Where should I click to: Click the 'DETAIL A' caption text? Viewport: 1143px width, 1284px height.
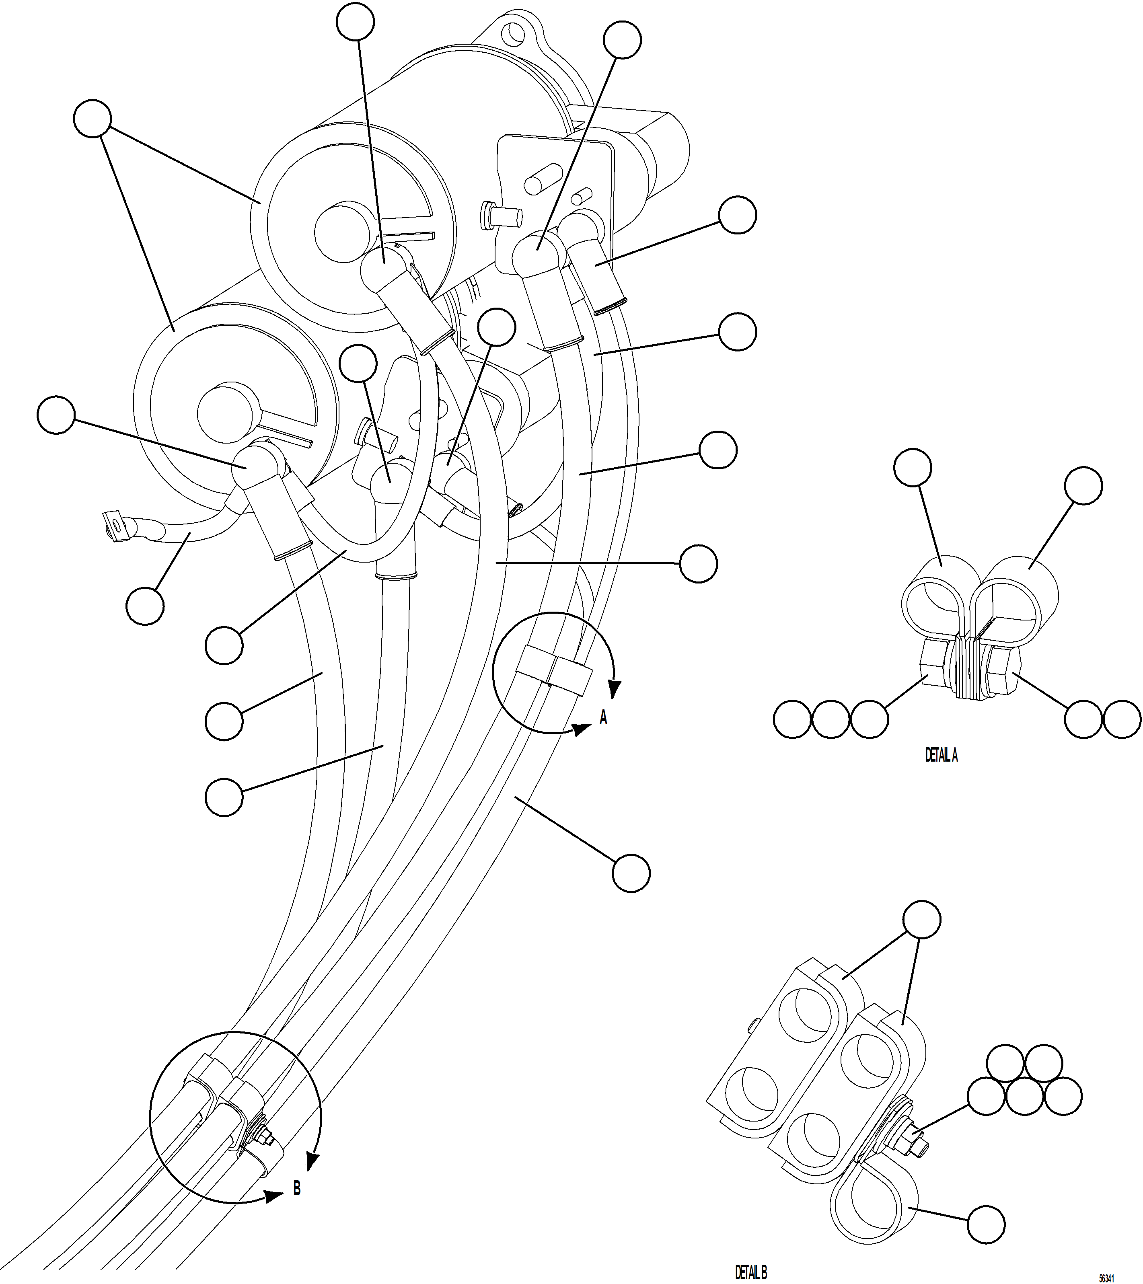coord(941,755)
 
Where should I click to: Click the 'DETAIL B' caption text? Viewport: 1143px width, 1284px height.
coord(751,1273)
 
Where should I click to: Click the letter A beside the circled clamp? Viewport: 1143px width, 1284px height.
coord(603,717)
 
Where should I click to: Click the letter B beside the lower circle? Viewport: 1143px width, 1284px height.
coord(296,1189)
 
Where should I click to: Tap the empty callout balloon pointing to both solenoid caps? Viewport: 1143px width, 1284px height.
coord(93,118)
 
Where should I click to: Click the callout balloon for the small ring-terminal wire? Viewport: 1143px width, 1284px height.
coord(144,606)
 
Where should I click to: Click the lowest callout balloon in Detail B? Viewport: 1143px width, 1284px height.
coord(985,1224)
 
